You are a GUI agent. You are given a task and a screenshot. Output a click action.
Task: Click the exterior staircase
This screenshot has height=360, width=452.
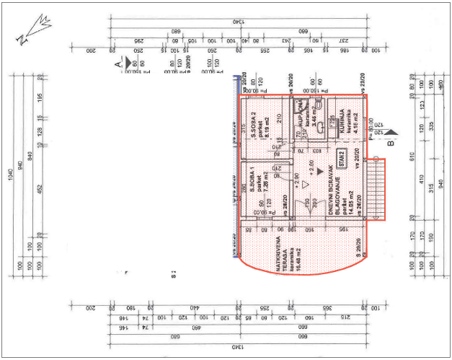377,189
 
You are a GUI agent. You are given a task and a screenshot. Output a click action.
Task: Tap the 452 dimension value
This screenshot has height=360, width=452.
40,189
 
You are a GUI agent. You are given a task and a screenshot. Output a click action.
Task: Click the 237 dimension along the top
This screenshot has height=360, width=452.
343,40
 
